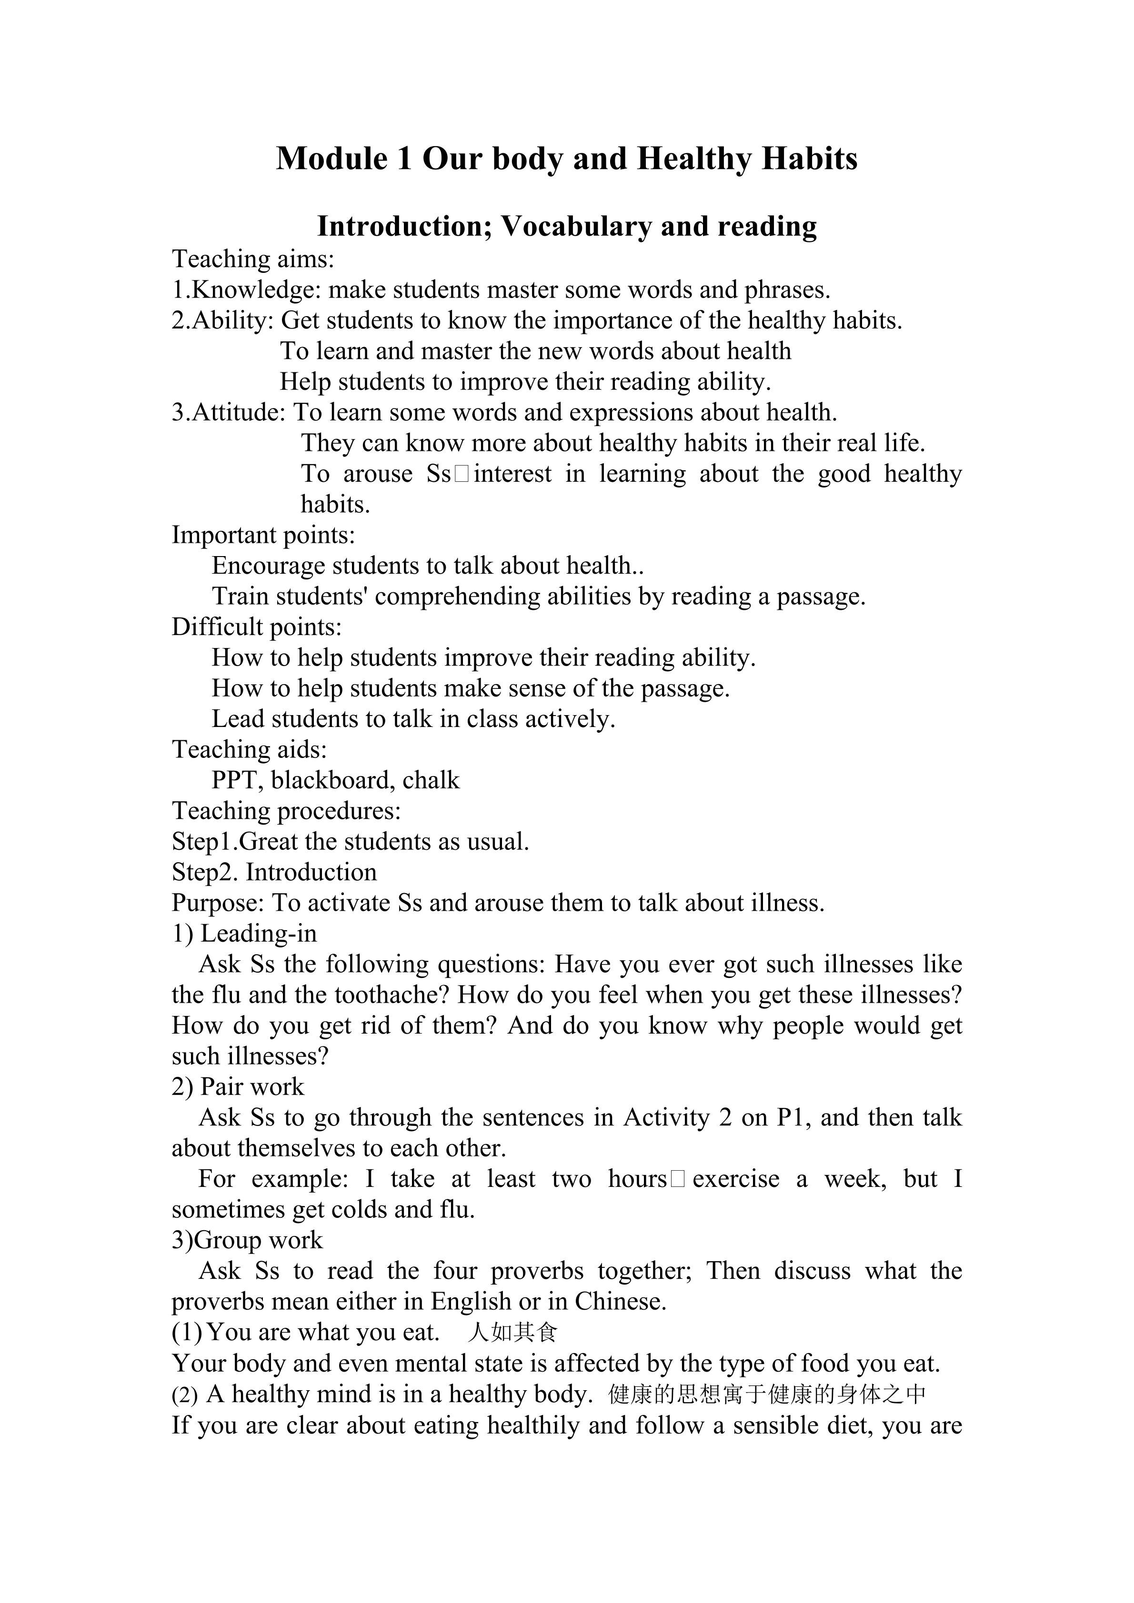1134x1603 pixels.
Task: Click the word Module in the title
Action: (331, 159)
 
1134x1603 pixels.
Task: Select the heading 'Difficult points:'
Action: (256, 627)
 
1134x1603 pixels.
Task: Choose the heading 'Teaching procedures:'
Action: (286, 811)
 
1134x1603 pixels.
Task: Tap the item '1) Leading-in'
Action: (244, 934)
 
